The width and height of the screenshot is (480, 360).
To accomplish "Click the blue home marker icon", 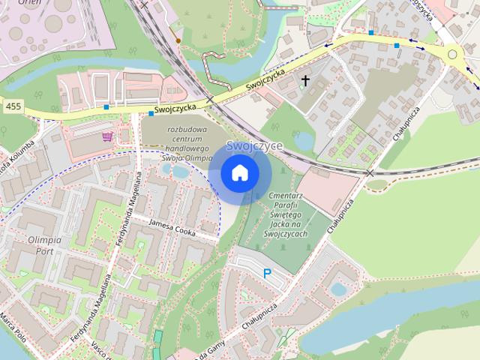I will point(239,173).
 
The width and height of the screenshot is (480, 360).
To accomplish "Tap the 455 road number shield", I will point(12,107).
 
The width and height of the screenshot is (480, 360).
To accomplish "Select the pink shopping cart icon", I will point(108,136).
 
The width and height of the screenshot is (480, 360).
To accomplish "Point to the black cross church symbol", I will point(305,79).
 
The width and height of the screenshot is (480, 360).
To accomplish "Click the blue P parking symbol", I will point(267,275).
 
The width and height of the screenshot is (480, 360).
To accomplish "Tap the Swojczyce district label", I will point(254,145).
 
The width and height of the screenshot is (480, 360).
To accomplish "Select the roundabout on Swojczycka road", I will point(452,54).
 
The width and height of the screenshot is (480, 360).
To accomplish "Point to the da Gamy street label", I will point(213,353).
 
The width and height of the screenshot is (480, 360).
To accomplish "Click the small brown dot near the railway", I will point(178,40).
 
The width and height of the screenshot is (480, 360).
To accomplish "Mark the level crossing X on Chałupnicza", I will point(370,173).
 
